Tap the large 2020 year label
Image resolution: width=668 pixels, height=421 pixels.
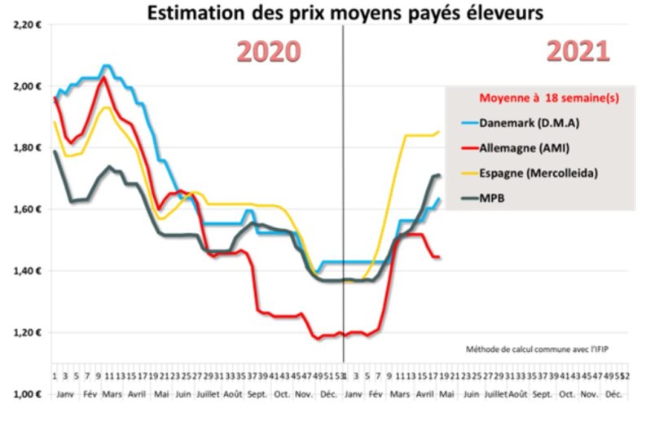click(269, 51)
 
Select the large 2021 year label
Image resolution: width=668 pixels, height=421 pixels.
click(578, 51)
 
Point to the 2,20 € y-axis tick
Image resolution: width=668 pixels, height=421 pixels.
click(27, 25)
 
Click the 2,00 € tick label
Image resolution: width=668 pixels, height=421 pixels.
click(27, 86)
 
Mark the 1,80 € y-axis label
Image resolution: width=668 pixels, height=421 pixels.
click(27, 147)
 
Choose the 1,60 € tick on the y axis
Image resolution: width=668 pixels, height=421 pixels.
click(27, 209)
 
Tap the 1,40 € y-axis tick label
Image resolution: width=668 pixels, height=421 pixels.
click(27, 270)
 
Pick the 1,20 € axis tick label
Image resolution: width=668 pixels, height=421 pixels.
click(27, 332)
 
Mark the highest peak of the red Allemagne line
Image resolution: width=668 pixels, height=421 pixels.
click(103, 77)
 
